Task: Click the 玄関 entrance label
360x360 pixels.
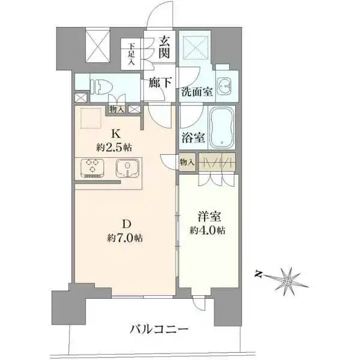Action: pyautogui.click(x=164, y=48)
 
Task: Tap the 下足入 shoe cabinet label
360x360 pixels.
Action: pyautogui.click(x=130, y=54)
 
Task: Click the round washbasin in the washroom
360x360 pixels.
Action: pyautogui.click(x=226, y=86)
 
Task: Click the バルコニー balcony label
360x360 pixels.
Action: pyautogui.click(x=159, y=329)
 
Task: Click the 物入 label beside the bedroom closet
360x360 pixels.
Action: pyautogui.click(x=187, y=162)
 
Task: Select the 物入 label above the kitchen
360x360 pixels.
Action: pyautogui.click(x=117, y=110)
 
